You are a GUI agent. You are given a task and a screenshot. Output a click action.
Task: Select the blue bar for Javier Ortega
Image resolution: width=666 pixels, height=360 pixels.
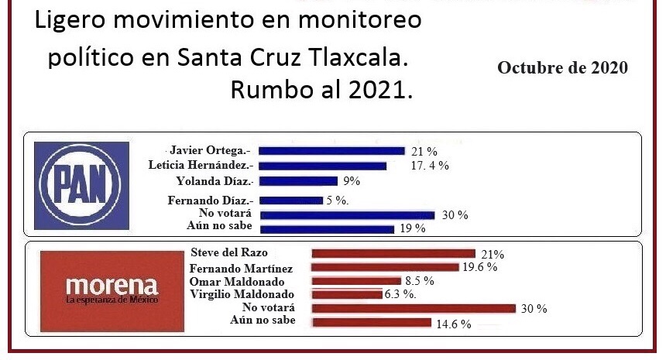(331, 150)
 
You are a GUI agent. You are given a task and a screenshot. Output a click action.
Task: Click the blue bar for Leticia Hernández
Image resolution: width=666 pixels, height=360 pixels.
(322, 165)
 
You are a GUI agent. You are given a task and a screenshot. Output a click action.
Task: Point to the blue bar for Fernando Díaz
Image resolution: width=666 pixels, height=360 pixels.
(290, 201)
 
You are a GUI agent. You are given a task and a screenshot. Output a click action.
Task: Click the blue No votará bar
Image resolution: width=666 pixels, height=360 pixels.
(346, 214)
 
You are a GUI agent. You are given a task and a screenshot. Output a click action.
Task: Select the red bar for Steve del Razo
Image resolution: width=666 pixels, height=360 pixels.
(393, 253)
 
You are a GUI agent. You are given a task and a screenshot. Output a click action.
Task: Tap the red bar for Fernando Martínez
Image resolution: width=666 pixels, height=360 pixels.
(388, 267)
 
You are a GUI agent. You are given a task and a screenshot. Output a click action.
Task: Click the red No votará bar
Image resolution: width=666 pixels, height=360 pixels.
(413, 308)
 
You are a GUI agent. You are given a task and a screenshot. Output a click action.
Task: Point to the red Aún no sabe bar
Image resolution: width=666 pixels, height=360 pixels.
(371, 322)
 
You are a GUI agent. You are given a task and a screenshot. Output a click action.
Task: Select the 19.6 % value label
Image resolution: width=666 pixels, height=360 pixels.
(480, 267)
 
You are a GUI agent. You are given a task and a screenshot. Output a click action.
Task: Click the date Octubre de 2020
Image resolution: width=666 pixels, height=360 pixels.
(562, 68)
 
